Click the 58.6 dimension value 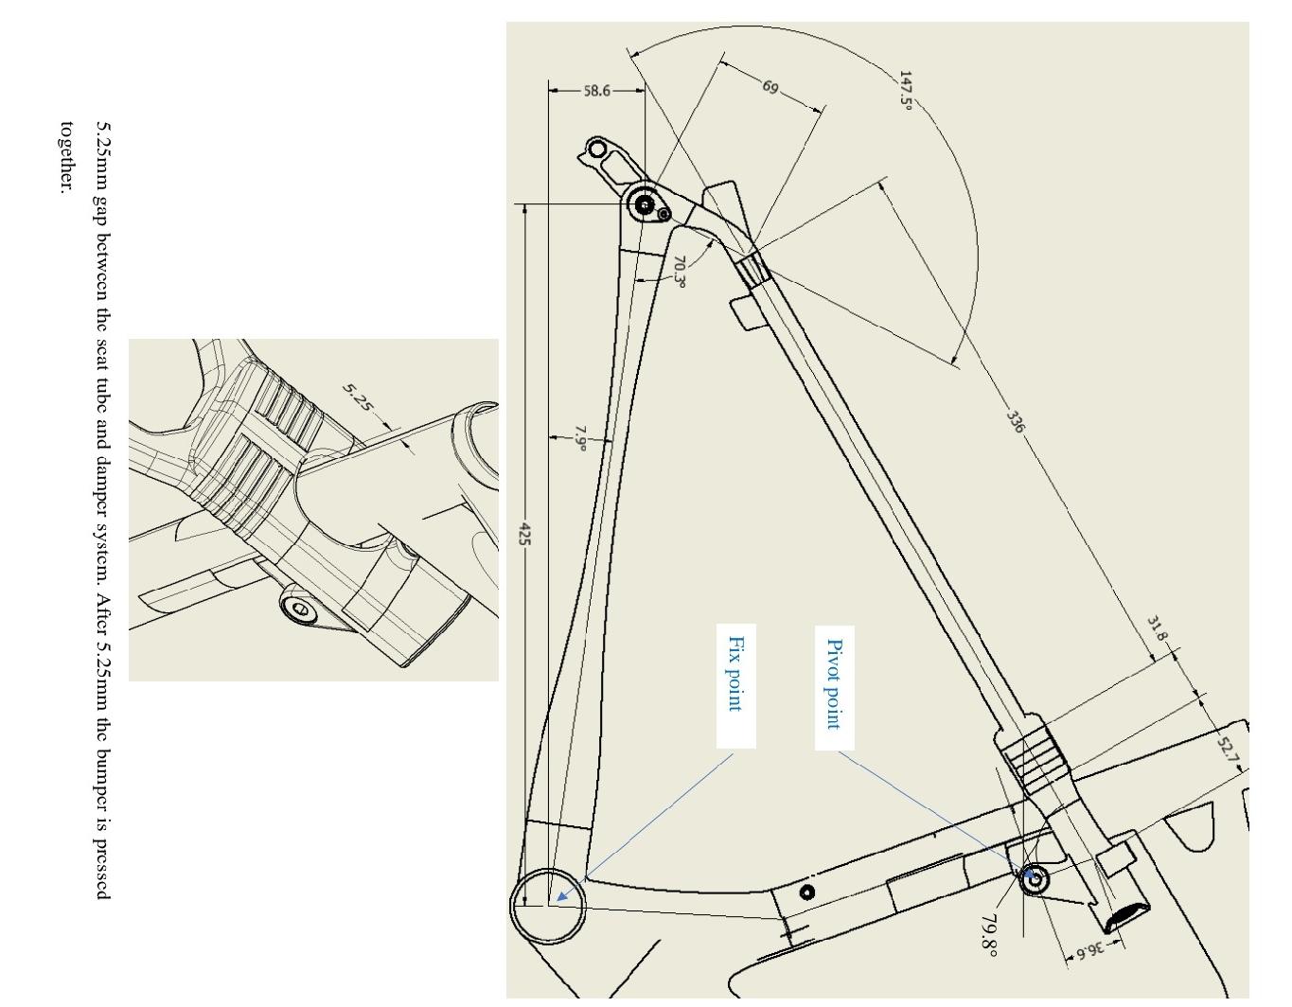tap(596, 91)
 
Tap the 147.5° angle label tap(906, 91)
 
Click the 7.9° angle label tap(581, 439)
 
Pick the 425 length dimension tap(524, 534)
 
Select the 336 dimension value tap(1014, 421)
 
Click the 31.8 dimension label tap(1157, 628)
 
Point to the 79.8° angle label tap(989, 933)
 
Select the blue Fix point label tap(734, 673)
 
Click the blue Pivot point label tap(834, 683)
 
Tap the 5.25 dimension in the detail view tap(359, 397)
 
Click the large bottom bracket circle tap(548, 906)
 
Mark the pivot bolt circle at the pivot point tap(1035, 879)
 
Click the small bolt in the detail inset tap(301, 609)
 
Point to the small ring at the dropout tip tap(596, 149)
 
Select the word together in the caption tap(66, 157)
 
